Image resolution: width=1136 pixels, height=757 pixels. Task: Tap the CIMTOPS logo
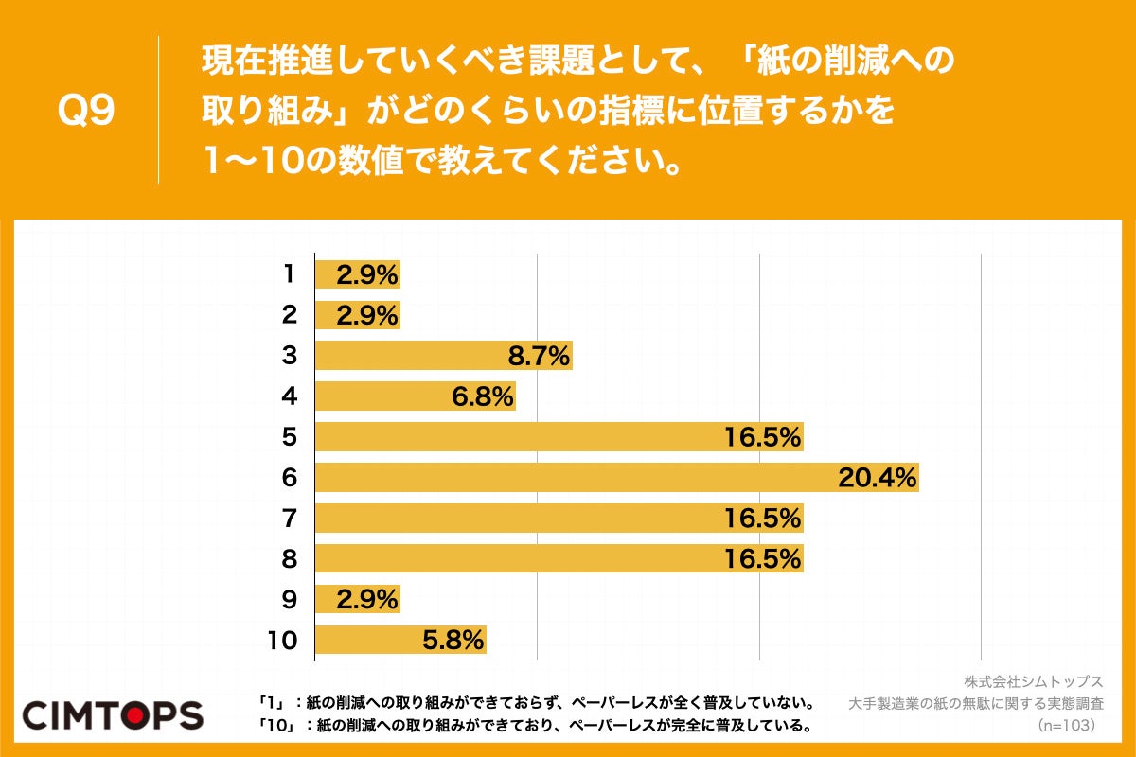pos(113,714)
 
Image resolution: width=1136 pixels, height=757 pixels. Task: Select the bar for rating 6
pos(615,478)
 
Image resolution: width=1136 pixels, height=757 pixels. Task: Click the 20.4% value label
pos(878,478)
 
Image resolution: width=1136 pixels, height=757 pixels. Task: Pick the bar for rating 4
pos(415,396)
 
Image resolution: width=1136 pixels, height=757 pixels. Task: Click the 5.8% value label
pos(453,641)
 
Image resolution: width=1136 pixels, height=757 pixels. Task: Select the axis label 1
pos(289,274)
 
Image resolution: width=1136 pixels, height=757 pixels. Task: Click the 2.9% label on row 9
pos(367,600)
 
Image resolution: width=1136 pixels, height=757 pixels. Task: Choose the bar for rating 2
pos(357,315)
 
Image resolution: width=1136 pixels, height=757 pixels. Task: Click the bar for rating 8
pos(559,559)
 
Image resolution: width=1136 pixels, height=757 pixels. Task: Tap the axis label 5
pos(289,437)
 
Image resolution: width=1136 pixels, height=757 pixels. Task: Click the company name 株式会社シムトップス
pos(1034,682)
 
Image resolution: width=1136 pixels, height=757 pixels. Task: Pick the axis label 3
pos(289,356)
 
